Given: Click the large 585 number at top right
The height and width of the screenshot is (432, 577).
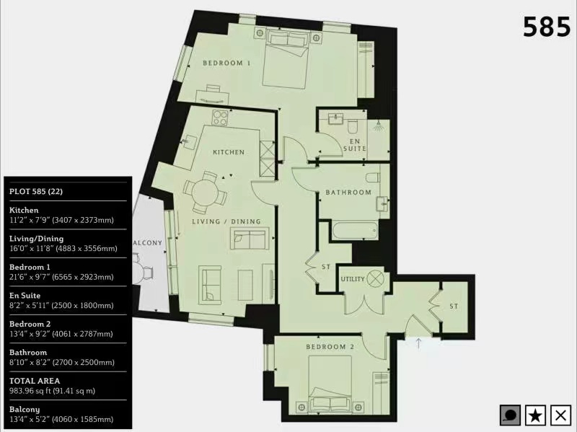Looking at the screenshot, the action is [547, 27].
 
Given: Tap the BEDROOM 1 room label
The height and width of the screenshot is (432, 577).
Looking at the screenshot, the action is [226, 63].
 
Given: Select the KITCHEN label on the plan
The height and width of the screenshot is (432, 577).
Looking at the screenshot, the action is [229, 152].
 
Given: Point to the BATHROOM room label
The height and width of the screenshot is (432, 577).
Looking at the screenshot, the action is [348, 192].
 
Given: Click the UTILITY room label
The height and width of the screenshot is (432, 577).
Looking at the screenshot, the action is [353, 279].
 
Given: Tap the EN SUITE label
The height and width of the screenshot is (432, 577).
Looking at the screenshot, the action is [355, 145].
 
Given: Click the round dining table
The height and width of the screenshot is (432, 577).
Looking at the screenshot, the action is [206, 193].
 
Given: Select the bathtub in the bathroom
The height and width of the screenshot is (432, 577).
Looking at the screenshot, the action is [355, 230].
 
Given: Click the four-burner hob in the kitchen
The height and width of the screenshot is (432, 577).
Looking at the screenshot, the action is [220, 118].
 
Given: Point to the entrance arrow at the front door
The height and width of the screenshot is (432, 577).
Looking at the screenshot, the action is [418, 343].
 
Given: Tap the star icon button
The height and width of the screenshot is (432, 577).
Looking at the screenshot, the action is [535, 415].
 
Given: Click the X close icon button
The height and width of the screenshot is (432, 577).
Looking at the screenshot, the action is [560, 415].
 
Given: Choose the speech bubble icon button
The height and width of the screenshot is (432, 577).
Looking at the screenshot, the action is [510, 415].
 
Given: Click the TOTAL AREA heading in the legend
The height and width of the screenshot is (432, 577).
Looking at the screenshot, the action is [35, 381].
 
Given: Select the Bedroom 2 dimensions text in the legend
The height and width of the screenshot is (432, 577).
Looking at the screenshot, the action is [61, 334].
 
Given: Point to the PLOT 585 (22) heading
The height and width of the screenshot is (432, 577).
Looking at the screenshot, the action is [36, 191].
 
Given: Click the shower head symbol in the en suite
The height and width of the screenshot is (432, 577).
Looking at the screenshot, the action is [377, 127].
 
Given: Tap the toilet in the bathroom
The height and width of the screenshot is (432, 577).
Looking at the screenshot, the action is [372, 177].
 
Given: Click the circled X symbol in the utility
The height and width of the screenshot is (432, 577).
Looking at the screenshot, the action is [375, 278].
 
